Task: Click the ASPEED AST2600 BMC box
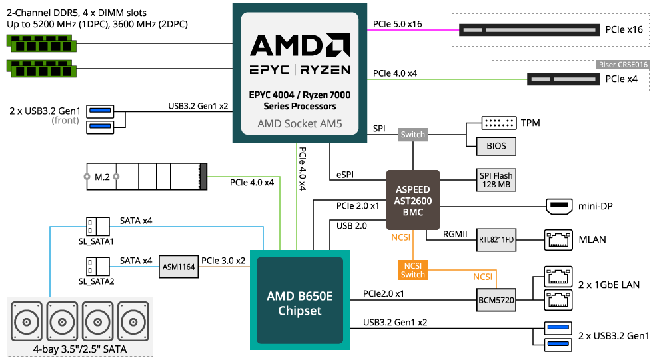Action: click(413, 201)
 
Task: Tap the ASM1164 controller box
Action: click(179, 267)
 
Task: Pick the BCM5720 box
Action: click(496, 300)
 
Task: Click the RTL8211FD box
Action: click(497, 239)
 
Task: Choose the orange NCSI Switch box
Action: click(412, 269)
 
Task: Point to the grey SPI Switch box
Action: click(412, 135)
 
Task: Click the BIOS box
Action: click(496, 146)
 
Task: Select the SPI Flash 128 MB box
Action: click(496, 179)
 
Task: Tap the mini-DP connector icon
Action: click(558, 206)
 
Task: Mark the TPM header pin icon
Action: click(499, 123)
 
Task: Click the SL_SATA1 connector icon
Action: click(97, 225)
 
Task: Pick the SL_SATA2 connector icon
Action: click(97, 267)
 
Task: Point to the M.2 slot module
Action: click(147, 177)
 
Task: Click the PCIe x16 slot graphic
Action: click(528, 30)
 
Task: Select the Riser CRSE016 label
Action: click(622, 65)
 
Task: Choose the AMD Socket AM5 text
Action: click(299, 125)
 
